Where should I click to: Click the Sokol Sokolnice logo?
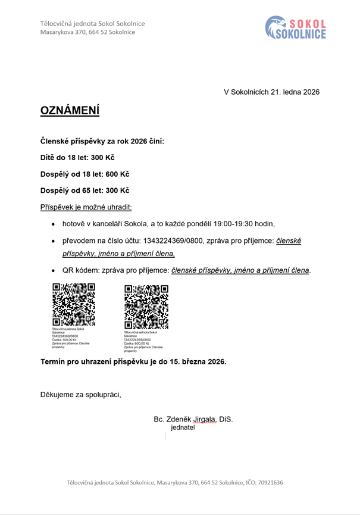click(296, 27)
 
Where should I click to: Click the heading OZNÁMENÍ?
click(70, 111)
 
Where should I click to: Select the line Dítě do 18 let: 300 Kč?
click(77, 158)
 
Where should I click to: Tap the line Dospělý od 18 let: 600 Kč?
click(84, 174)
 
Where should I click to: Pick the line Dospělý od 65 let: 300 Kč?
click(84, 191)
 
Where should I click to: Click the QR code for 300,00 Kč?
click(74, 304)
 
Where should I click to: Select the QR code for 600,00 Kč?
click(146, 306)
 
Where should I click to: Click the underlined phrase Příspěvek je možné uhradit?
click(86, 207)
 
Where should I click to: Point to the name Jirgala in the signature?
click(203, 419)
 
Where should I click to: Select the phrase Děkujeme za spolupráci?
click(80, 394)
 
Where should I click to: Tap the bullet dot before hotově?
click(54, 224)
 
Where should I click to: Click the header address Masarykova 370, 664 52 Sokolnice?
click(87, 32)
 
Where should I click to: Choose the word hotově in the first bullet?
click(75, 224)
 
